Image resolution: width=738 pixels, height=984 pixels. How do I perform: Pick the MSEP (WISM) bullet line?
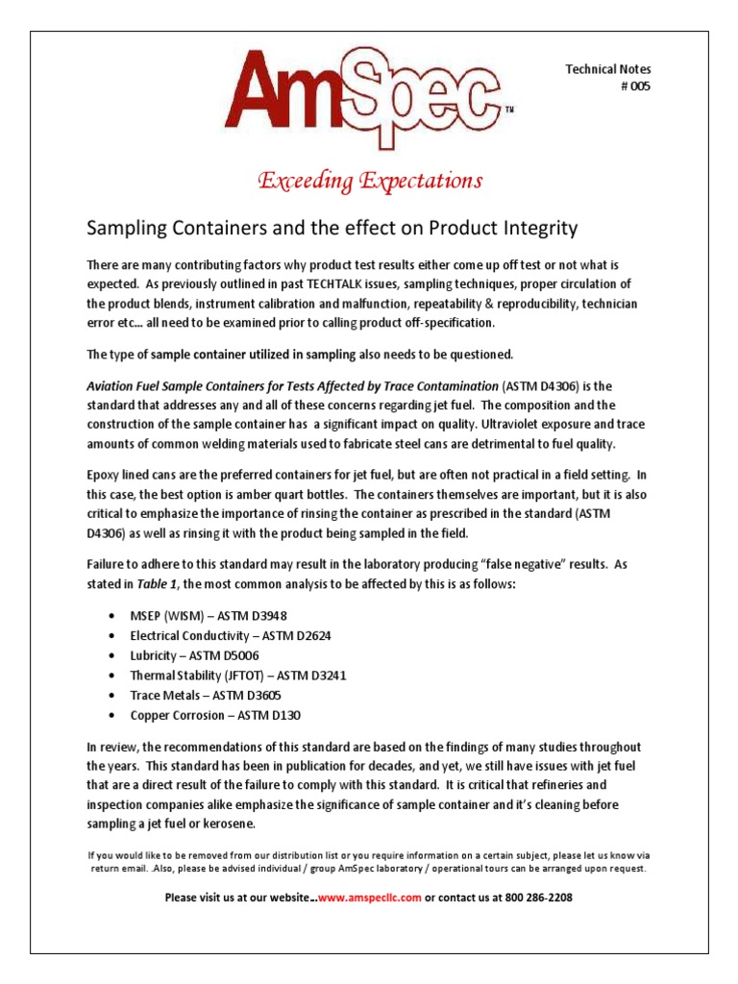(x=209, y=615)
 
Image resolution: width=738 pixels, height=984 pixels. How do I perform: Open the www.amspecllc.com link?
(x=369, y=898)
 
